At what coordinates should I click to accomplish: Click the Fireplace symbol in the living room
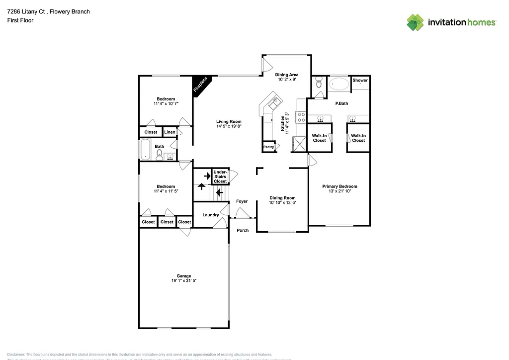pyautogui.click(x=201, y=85)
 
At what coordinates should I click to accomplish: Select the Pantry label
pyautogui.click(x=268, y=147)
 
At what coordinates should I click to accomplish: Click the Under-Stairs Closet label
pyautogui.click(x=220, y=177)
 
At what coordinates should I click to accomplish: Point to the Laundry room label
pyautogui.click(x=211, y=215)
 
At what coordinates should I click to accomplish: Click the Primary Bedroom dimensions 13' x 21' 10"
pyautogui.click(x=339, y=191)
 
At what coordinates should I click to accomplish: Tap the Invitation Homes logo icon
pyautogui.click(x=416, y=22)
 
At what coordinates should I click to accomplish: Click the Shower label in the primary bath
pyautogui.click(x=360, y=80)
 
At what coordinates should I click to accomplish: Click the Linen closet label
pyautogui.click(x=170, y=132)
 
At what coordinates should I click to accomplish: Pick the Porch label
pyautogui.click(x=243, y=230)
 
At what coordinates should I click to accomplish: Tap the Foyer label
pyautogui.click(x=242, y=201)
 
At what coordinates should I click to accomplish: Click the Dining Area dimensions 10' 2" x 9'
pyautogui.click(x=287, y=80)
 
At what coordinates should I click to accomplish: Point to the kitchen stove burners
pyautogui.click(x=301, y=117)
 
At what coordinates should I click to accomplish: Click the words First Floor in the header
pyautogui.click(x=20, y=20)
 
